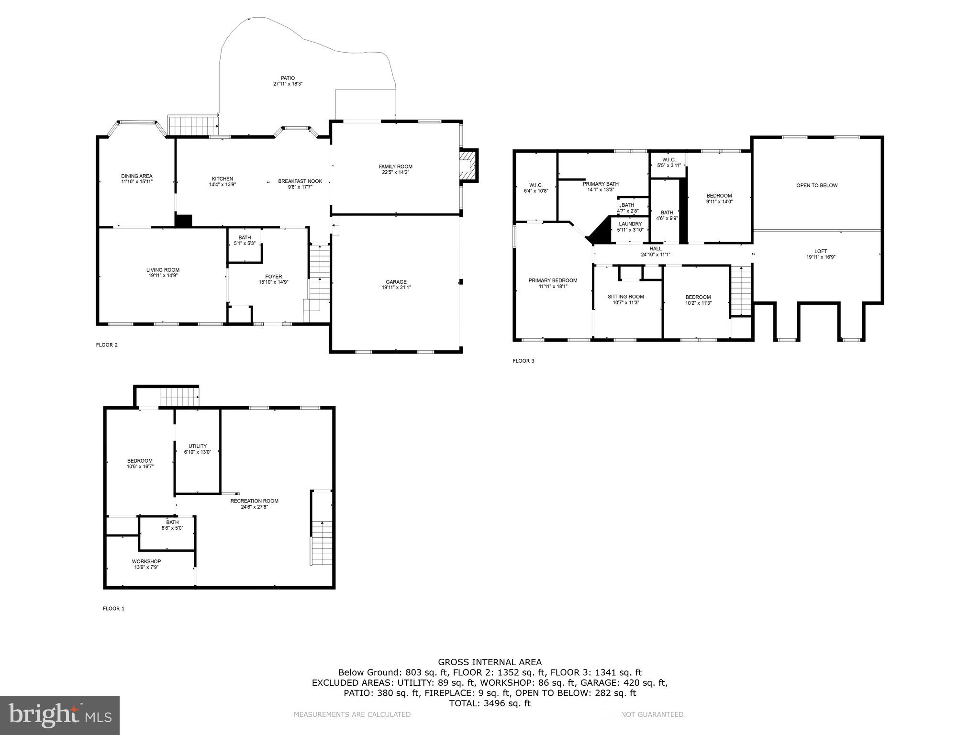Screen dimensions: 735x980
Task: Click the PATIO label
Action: pos(288,78)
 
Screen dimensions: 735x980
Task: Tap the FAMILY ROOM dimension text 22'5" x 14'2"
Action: pos(395,172)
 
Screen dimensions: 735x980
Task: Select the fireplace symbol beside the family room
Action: pos(468,166)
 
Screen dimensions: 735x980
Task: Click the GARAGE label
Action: pos(396,282)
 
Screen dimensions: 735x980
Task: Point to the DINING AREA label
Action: pos(136,176)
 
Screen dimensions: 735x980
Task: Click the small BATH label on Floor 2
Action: pos(245,237)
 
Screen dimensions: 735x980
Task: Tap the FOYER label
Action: pos(274,276)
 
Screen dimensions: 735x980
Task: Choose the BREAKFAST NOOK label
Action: pos(300,181)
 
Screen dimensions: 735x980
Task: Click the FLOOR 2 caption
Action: pos(107,345)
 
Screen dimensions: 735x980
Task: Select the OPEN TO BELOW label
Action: pos(817,185)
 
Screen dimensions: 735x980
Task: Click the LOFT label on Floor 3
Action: pos(821,251)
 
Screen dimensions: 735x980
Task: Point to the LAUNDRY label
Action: pos(630,224)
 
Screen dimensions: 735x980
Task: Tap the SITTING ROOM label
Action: pos(626,297)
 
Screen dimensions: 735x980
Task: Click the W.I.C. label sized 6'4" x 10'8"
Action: pos(536,185)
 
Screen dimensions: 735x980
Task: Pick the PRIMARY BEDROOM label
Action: pos(553,280)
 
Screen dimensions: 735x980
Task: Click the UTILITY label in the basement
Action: pos(198,446)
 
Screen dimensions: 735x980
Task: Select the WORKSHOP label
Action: pos(146,561)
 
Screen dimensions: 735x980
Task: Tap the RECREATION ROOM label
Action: pos(254,501)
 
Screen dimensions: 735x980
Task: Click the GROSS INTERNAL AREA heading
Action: pos(490,662)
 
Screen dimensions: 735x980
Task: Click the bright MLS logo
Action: pos(60,715)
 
